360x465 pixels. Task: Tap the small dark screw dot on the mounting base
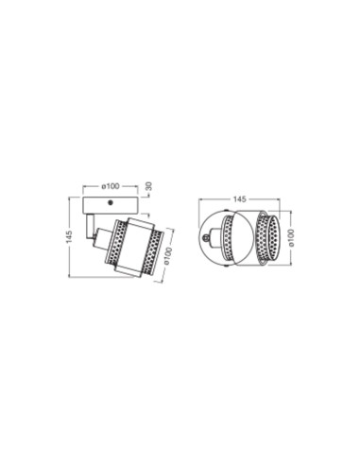(x=110, y=202)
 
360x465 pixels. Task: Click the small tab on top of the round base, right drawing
(x=224, y=214)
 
